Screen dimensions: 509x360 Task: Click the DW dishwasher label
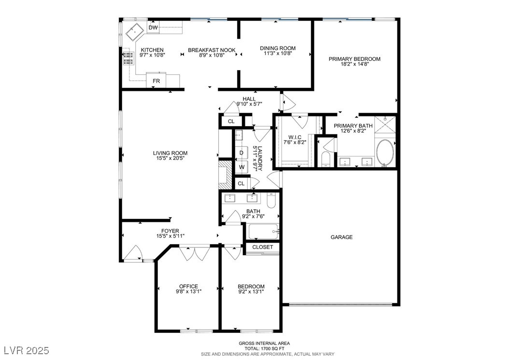tap(153, 28)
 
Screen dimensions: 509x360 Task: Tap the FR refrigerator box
tap(156, 81)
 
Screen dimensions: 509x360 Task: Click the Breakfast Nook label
tap(212, 50)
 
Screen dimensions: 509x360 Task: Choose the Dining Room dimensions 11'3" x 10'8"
tap(278, 53)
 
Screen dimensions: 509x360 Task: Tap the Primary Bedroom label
tap(354, 59)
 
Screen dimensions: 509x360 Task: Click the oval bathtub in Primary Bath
tap(385, 153)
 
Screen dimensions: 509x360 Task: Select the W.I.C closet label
tap(295, 137)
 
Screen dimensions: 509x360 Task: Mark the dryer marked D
tap(241, 153)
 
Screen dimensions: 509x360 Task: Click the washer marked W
tap(241, 167)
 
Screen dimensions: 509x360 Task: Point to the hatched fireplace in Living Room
tap(225, 175)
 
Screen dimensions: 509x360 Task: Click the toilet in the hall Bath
tap(271, 201)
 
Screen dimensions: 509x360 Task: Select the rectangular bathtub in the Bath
tap(264, 231)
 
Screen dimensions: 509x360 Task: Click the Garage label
tap(341, 237)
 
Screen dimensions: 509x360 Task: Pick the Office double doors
tap(195, 253)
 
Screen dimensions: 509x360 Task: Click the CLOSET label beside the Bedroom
tap(263, 247)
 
